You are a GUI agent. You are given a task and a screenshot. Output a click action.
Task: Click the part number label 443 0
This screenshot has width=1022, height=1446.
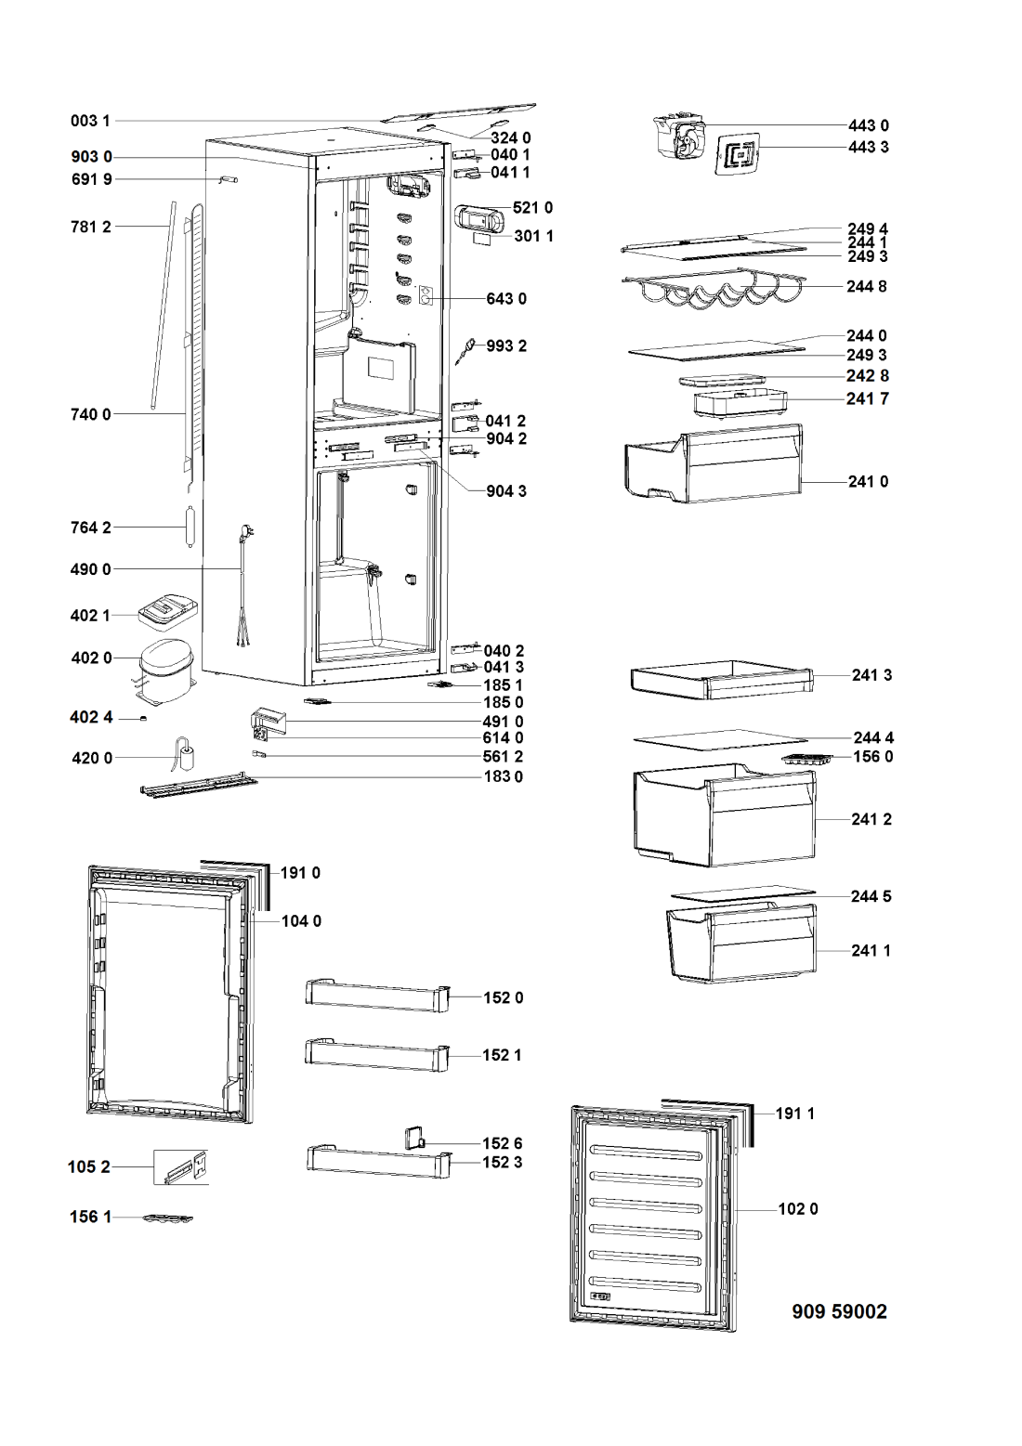(869, 125)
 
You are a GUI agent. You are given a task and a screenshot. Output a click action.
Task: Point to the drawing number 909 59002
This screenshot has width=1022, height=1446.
(839, 1311)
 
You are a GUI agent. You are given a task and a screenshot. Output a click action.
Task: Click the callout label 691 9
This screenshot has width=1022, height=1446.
(92, 179)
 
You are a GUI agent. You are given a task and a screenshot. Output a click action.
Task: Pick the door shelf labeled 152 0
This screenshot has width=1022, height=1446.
(377, 997)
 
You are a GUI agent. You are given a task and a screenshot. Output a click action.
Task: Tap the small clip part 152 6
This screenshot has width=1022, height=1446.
(414, 1138)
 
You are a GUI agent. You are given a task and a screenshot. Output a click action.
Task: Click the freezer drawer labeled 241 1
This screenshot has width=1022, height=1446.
(741, 944)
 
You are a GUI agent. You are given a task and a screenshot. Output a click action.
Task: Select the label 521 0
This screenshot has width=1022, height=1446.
(532, 207)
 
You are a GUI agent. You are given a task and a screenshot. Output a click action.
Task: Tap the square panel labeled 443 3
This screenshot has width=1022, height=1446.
(737, 153)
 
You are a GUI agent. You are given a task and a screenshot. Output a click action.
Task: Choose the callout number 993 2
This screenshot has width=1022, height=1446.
(506, 346)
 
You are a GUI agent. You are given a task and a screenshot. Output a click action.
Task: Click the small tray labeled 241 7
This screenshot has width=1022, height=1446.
(740, 402)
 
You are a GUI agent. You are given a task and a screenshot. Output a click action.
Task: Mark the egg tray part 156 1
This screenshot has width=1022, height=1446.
(168, 1218)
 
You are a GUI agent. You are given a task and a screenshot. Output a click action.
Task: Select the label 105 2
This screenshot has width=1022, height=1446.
(89, 1166)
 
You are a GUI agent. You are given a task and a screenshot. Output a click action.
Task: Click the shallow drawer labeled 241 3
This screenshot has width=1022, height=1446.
(722, 679)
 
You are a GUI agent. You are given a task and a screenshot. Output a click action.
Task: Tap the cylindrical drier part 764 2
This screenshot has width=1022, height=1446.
(190, 528)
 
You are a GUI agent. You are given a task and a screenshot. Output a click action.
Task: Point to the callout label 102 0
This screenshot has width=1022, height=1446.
(798, 1208)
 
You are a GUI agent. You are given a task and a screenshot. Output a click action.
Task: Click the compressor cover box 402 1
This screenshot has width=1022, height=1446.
(168, 611)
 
